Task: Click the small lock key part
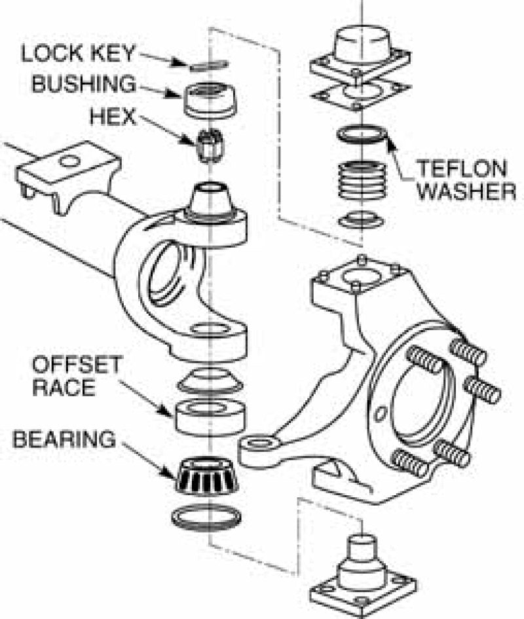coord(208,64)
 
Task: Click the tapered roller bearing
coord(206,476)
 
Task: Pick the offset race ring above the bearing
coord(210,417)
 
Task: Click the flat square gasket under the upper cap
coord(360,96)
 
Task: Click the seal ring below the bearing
coord(206,518)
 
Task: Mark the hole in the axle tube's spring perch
coord(69,160)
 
